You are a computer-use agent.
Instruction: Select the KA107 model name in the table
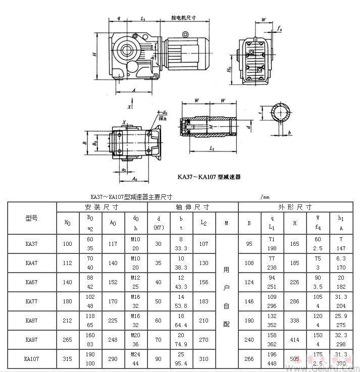[x=31, y=359]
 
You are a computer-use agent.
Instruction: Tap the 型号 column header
[x=31, y=218]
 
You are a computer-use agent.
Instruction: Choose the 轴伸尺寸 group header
[x=192, y=207]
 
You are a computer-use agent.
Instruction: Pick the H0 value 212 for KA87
[x=67, y=321]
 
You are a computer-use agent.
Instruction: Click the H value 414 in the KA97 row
[x=295, y=340]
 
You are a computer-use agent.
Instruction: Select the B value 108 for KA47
[x=249, y=263]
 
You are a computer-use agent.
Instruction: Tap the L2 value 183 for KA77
[x=203, y=301]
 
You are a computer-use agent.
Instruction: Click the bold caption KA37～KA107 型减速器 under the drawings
[x=209, y=177]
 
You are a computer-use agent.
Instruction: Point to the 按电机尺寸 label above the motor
[x=183, y=17]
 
